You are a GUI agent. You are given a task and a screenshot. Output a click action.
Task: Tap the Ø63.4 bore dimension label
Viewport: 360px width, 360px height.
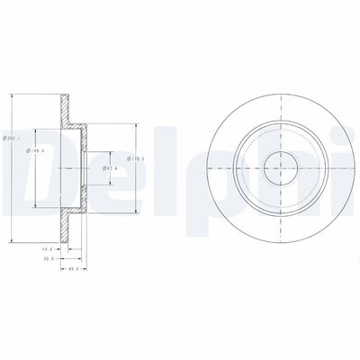point(107,167)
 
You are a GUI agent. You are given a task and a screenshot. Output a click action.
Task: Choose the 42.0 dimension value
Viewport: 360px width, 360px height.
point(49,258)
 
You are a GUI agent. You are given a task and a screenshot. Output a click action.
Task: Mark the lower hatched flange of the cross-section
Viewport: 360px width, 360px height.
point(66,225)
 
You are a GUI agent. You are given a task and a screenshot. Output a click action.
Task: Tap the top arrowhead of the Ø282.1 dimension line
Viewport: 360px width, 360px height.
point(11,92)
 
